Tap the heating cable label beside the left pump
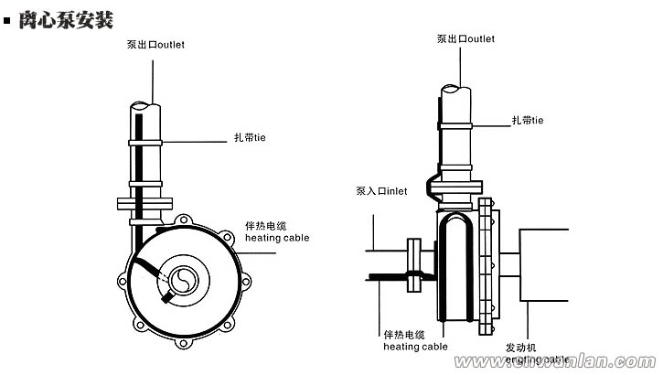click(x=276, y=231)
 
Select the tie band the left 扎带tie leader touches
click(x=144, y=143)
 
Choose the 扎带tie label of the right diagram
click(x=528, y=120)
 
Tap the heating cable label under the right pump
click(x=415, y=340)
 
